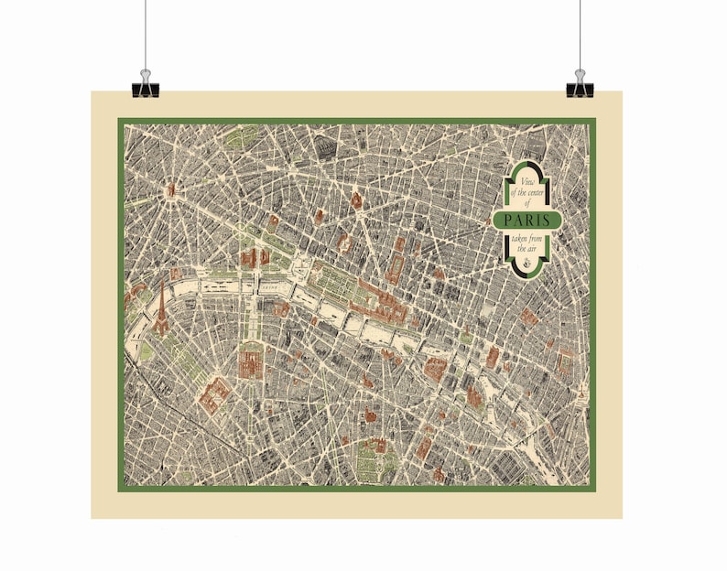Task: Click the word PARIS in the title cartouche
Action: [x=527, y=220]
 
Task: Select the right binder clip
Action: [x=580, y=84]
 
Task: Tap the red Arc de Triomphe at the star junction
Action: [x=171, y=190]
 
